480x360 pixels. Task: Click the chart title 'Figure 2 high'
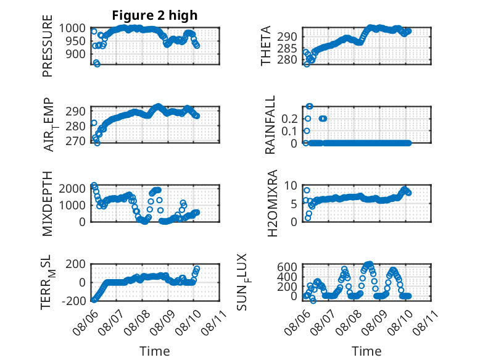[155, 15]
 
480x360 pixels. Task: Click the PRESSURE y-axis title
[48, 46]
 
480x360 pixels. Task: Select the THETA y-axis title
[266, 46]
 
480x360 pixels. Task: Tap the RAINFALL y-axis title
[270, 125]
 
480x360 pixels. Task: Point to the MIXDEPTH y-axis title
[48, 204]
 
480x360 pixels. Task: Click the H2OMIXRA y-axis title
[272, 203]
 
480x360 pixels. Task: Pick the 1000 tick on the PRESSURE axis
[72, 28]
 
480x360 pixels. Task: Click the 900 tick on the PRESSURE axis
[76, 54]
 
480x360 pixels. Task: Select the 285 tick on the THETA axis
[288, 48]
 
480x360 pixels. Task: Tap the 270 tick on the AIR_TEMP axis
[76, 141]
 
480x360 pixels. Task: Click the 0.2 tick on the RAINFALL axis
[289, 119]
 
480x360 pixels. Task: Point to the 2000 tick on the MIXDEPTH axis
[72, 188]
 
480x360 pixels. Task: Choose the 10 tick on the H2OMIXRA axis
[291, 185]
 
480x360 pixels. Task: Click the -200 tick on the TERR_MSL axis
[74, 301]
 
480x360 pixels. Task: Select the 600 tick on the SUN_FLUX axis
[288, 267]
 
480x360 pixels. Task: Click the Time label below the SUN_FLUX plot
[366, 351]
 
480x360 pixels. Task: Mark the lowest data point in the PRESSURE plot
[97, 64]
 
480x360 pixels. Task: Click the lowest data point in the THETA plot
[307, 64]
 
